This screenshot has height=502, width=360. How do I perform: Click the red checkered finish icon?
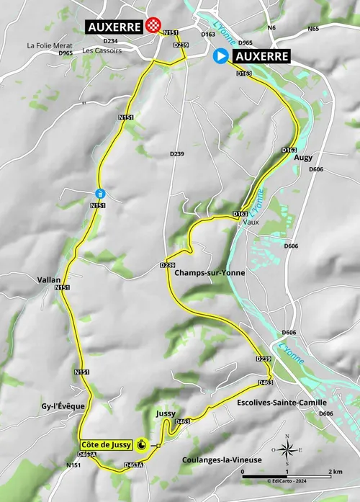point(153,26)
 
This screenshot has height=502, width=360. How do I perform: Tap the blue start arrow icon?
point(221,56)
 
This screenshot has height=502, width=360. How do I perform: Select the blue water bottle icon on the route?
point(99,193)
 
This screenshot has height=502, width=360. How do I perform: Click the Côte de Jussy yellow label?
point(107,445)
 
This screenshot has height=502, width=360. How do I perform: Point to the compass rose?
point(287,452)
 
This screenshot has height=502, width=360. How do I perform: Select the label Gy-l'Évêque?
point(62,406)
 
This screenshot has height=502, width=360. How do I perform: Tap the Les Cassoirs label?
point(102,51)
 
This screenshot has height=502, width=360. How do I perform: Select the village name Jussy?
point(166,413)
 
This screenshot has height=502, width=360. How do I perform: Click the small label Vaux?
point(251,223)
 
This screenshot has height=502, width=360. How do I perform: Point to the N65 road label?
point(312,29)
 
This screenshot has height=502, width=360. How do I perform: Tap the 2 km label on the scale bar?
point(336,471)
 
